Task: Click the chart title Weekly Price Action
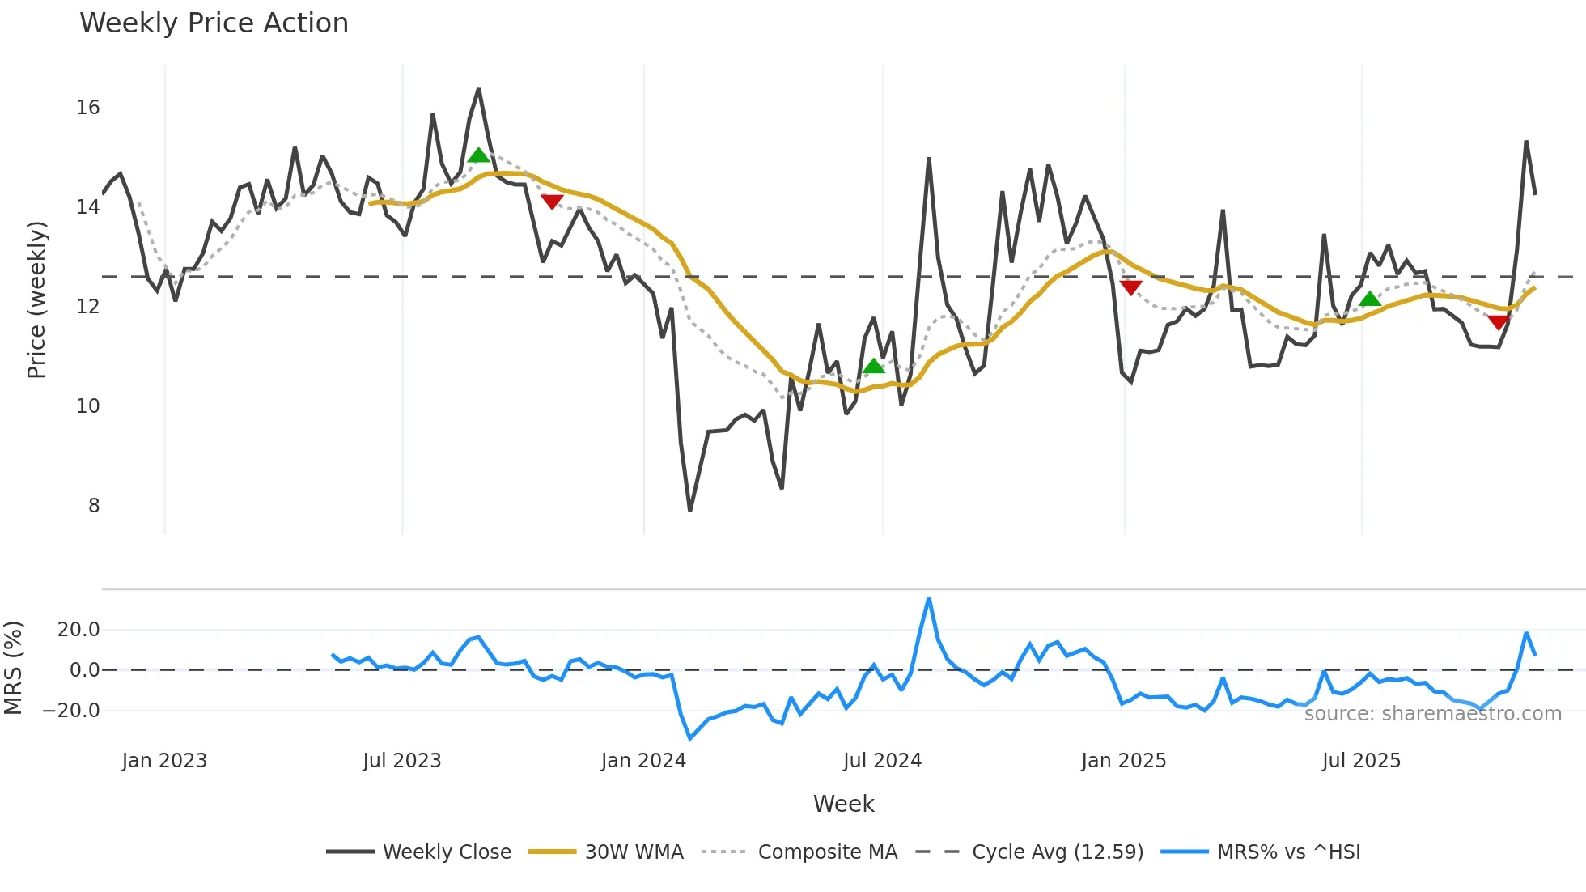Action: (214, 23)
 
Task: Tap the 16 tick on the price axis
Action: (88, 108)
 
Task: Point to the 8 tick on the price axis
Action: (94, 506)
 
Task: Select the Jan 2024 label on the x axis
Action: (643, 761)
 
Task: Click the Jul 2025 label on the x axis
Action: (1361, 761)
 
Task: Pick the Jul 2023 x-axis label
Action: (402, 761)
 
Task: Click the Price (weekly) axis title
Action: (36, 299)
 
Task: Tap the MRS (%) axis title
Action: (13, 668)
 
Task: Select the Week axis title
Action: (843, 804)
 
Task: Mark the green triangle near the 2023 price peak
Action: (478, 155)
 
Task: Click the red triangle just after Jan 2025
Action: (1130, 287)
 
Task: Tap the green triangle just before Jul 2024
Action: (873, 367)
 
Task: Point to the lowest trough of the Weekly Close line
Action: (690, 510)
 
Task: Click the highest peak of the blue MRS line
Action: (929, 599)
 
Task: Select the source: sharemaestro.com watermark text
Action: (1432, 714)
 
